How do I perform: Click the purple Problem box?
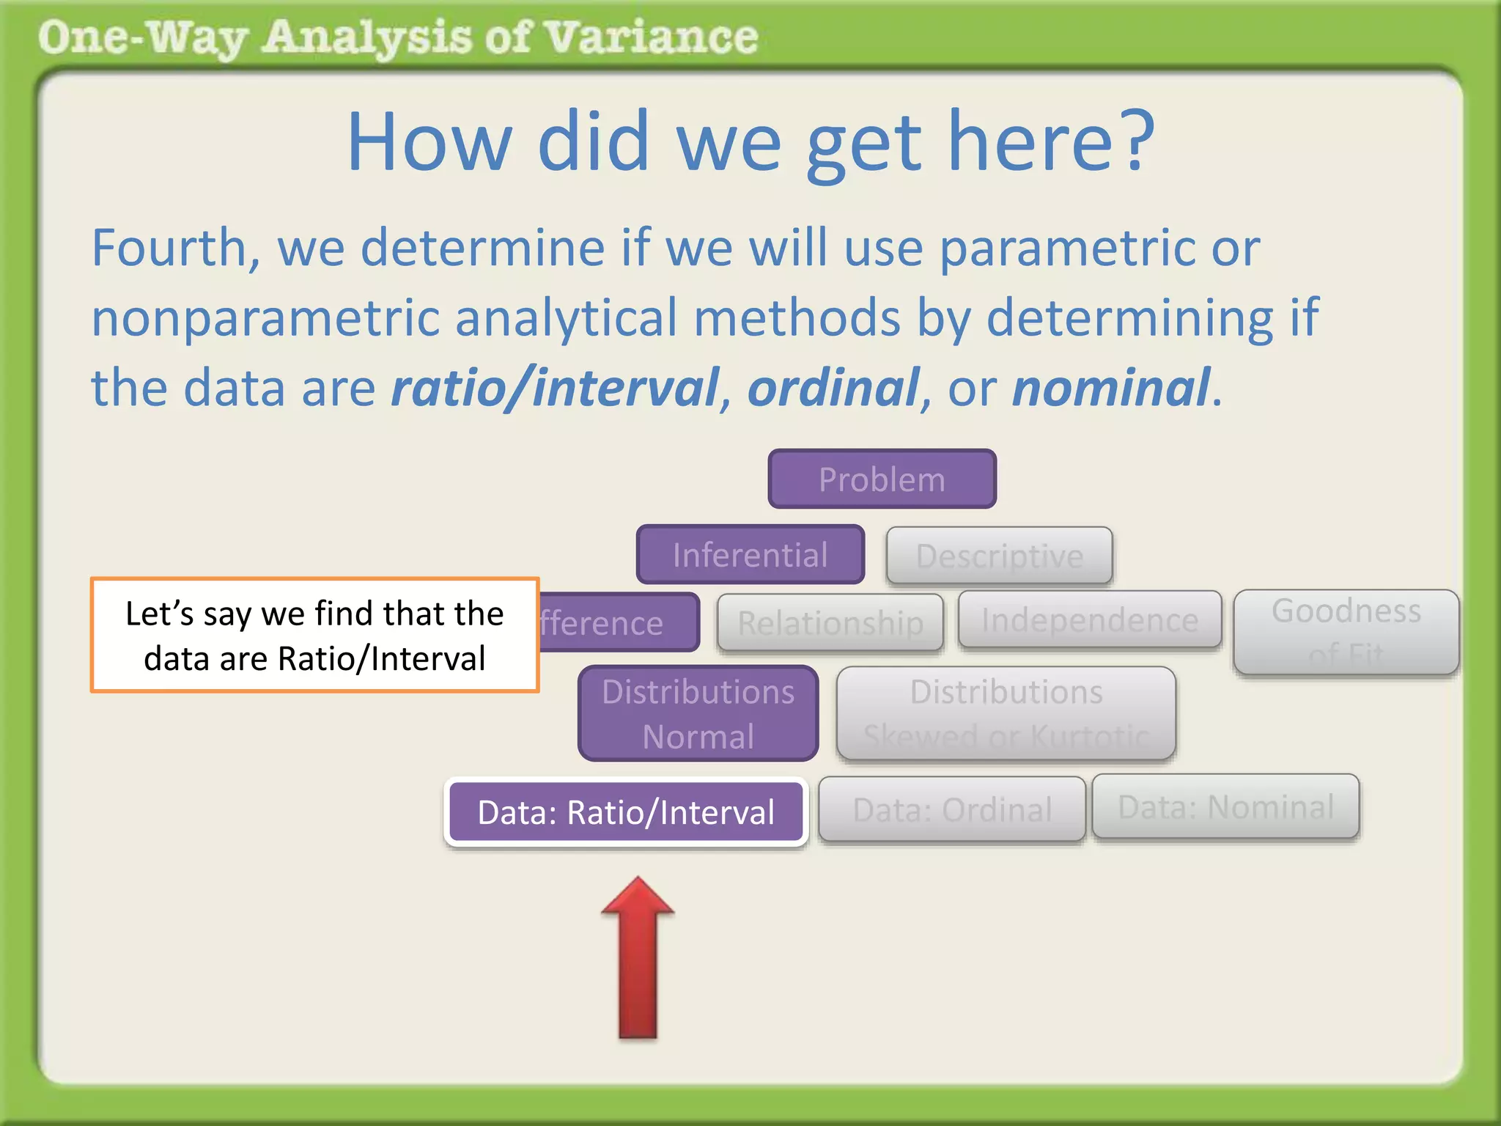pyautogui.click(x=882, y=479)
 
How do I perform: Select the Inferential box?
pyautogui.click(x=750, y=555)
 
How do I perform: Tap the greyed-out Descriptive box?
pyautogui.click(x=999, y=556)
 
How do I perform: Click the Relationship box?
pyautogui.click(x=830, y=623)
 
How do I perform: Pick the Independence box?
pyautogui.click(x=1089, y=620)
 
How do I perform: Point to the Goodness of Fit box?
pyautogui.click(x=1346, y=632)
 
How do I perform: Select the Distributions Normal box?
pyautogui.click(x=698, y=713)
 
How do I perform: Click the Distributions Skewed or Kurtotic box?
pyautogui.click(x=1006, y=713)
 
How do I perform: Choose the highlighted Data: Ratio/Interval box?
pyautogui.click(x=626, y=812)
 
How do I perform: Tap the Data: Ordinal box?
pyautogui.click(x=951, y=809)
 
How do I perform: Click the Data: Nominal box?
pyautogui.click(x=1225, y=806)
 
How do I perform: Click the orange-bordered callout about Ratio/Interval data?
pyautogui.click(x=314, y=635)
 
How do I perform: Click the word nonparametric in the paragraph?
pyautogui.click(x=264, y=318)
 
